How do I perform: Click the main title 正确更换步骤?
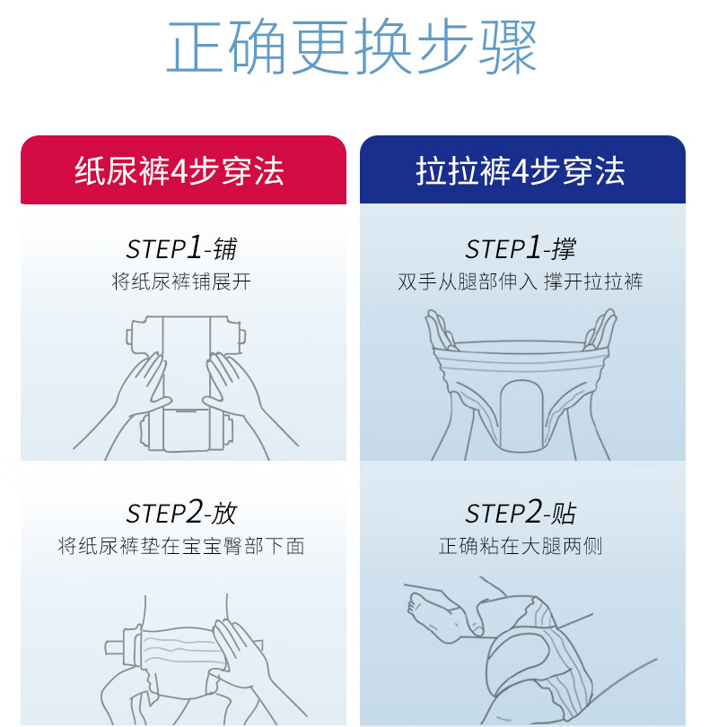(352, 46)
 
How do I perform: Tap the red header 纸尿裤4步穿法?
(179, 171)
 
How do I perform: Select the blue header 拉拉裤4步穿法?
(521, 171)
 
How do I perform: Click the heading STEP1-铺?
(181, 248)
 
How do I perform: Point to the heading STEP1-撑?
(521, 248)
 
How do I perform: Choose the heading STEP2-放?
(181, 513)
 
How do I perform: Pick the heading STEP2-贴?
(521, 513)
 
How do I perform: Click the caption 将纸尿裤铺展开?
(181, 281)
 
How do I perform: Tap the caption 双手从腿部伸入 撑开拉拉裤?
(521, 281)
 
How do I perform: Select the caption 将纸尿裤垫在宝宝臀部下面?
(181, 546)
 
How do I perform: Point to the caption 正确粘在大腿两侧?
(521, 546)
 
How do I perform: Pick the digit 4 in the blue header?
(520, 171)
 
